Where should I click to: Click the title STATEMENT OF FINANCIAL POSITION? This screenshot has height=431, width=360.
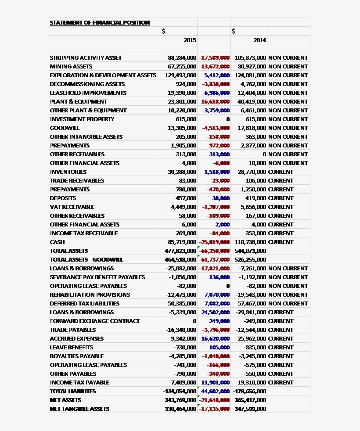(x=100, y=22)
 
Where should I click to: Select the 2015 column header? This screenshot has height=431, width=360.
(x=190, y=40)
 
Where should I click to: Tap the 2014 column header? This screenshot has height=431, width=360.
(x=259, y=40)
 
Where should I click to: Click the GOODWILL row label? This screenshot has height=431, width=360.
(x=65, y=128)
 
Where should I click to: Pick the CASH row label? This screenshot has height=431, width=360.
(x=57, y=242)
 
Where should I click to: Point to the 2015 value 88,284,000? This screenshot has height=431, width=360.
(x=182, y=57)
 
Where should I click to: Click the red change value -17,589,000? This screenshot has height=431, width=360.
(x=214, y=57)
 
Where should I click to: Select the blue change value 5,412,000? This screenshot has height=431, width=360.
(x=216, y=75)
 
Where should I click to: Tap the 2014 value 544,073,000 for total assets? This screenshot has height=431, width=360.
(x=250, y=251)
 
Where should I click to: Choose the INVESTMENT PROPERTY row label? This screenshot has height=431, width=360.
(x=82, y=119)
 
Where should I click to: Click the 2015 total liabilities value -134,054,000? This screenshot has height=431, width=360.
(x=180, y=391)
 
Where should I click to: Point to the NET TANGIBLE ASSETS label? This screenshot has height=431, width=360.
(x=79, y=409)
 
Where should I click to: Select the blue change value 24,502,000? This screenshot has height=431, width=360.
(x=215, y=312)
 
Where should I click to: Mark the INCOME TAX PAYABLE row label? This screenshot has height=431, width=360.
(x=79, y=382)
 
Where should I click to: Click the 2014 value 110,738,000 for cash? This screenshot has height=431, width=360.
(x=250, y=242)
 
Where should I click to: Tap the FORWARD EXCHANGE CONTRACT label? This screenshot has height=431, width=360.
(x=94, y=321)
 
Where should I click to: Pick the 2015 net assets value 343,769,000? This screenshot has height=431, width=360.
(x=180, y=400)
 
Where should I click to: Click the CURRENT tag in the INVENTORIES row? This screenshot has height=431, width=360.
(x=281, y=172)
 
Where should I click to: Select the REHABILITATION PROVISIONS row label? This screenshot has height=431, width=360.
(x=90, y=295)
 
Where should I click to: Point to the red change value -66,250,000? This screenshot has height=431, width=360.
(x=214, y=251)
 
